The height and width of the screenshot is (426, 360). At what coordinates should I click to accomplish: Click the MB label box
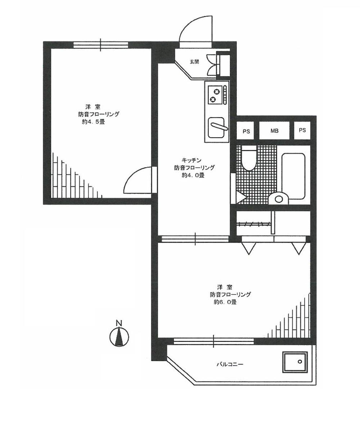(x=274, y=131)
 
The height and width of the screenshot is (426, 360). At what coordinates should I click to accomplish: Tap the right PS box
(x=302, y=130)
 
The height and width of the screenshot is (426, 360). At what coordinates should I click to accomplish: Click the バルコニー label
(x=230, y=364)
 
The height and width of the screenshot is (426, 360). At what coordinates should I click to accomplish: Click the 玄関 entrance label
(x=194, y=62)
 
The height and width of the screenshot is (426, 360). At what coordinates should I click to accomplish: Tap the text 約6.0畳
(x=225, y=302)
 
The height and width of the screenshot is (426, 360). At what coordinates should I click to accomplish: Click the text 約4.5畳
(x=93, y=122)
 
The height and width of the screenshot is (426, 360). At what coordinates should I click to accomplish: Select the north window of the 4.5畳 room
(x=101, y=45)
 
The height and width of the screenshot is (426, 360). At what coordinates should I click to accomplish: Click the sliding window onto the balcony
(x=213, y=341)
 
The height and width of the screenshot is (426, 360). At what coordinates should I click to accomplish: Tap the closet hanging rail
(x=254, y=224)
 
